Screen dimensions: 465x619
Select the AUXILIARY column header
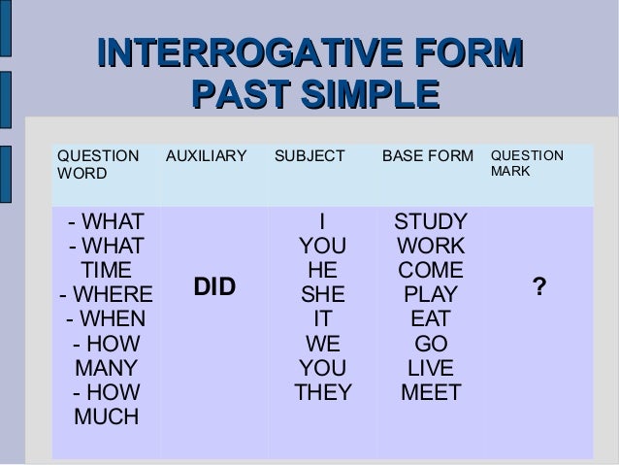205,156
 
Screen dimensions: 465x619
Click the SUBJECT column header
309,156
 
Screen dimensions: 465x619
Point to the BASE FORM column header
428,156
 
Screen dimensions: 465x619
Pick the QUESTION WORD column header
97,164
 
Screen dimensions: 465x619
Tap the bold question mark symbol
538,287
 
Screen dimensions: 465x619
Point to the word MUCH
106,418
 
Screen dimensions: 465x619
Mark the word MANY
106,368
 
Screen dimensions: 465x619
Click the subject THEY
323,393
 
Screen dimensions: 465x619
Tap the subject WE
323,344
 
